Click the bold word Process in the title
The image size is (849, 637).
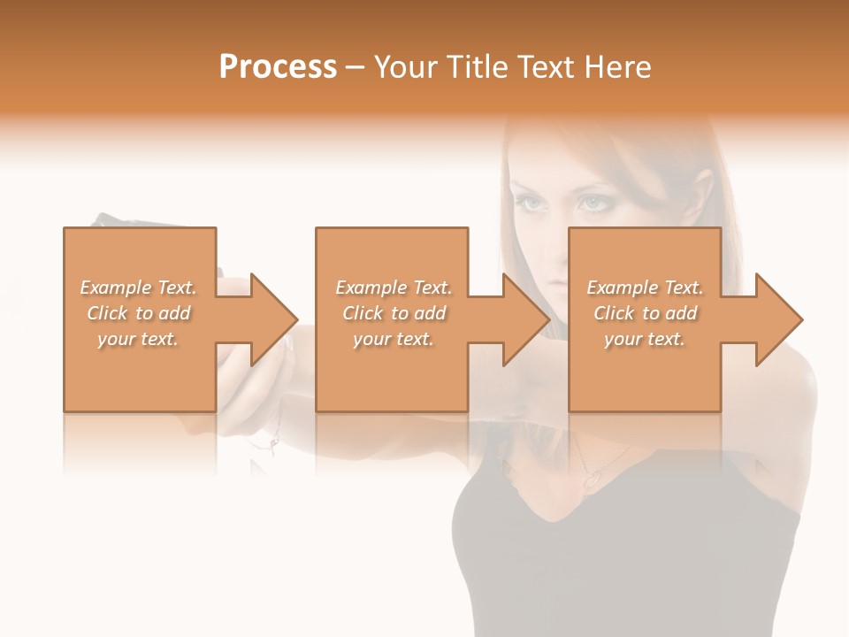[278, 67]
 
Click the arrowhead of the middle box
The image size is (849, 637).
[527, 319]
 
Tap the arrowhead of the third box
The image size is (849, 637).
[779, 319]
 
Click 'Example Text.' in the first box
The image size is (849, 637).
[138, 288]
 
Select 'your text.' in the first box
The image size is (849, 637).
[138, 339]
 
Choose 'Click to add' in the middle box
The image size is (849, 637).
[394, 313]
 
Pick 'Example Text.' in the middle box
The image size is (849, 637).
[394, 288]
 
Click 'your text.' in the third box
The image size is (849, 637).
[645, 339]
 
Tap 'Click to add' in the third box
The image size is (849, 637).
[645, 313]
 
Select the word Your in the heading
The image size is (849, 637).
[406, 67]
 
